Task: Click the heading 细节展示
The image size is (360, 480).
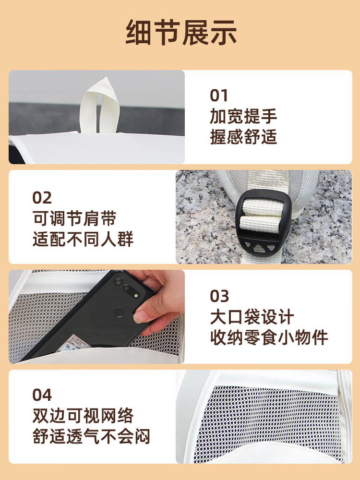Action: click(181, 33)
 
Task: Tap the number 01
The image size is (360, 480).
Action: click(219, 96)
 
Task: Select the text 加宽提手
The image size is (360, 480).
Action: click(243, 116)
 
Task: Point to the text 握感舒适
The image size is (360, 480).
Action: click(243, 136)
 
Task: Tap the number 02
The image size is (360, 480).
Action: click(42, 198)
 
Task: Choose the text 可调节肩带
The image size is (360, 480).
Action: click(74, 218)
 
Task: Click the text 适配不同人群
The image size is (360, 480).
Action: click(83, 239)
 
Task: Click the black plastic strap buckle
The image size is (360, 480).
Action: click(263, 223)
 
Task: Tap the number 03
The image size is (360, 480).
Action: click(219, 296)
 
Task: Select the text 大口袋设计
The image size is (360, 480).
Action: click(252, 317)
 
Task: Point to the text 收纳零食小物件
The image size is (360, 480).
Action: click(269, 337)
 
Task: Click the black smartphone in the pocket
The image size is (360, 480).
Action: click(89, 315)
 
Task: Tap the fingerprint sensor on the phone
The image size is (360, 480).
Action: click(119, 312)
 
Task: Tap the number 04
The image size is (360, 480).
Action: click(42, 395)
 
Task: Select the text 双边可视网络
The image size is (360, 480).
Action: click(83, 416)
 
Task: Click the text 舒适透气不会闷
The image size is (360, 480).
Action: click(91, 436)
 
